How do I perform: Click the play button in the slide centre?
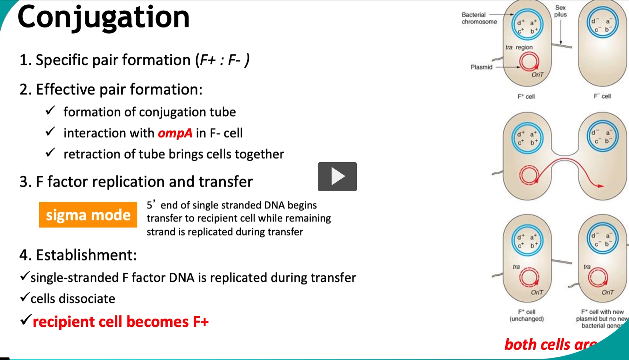[337, 177]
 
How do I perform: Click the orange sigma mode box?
[88, 215]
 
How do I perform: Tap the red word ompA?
[175, 133]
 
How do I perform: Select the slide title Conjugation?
[104, 17]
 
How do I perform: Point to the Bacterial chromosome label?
[479, 18]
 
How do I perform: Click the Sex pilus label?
[560, 11]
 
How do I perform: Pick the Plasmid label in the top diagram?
[481, 67]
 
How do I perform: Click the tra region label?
[519, 47]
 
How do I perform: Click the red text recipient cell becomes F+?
[121, 322]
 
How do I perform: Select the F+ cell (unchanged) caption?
[526, 315]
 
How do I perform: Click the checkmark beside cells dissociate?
[25, 297]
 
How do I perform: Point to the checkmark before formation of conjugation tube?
[50, 110]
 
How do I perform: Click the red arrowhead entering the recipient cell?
[600, 186]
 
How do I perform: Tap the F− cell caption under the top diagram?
[602, 96]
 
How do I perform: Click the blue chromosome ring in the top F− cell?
[602, 22]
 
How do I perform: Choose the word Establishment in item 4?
[86, 255]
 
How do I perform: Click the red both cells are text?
[550, 345]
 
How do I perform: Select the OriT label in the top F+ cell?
[537, 75]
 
